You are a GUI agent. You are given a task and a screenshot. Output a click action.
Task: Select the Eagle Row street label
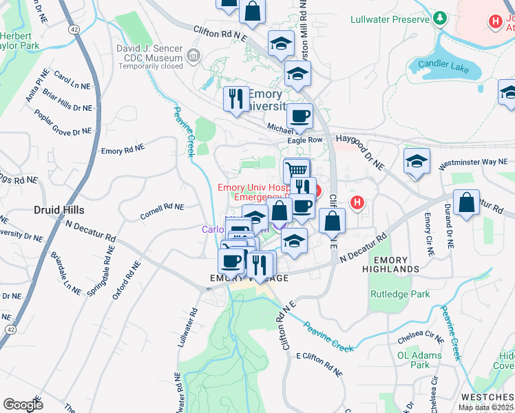click(304, 139)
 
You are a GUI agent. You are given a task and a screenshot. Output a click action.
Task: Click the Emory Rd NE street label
click(122, 149)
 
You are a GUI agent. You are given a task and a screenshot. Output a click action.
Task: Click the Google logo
click(23, 404)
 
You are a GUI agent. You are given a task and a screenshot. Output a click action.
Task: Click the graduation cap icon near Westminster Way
click(417, 162)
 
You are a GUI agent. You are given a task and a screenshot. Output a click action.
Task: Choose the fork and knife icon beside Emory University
click(236, 98)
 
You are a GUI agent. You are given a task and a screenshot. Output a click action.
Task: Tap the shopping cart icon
click(296, 169)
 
